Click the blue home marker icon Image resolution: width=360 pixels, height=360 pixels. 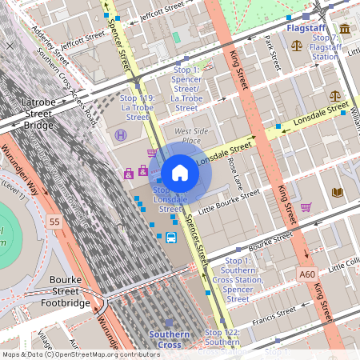180,173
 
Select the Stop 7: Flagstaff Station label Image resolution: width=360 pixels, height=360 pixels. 325,47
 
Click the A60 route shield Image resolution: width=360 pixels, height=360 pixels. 307,274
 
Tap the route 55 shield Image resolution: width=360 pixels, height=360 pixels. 54,220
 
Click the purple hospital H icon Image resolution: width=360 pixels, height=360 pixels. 121,135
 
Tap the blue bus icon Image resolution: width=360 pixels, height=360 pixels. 171,237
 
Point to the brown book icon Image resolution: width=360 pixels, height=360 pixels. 338,192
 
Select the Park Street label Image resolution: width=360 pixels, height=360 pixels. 270,52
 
